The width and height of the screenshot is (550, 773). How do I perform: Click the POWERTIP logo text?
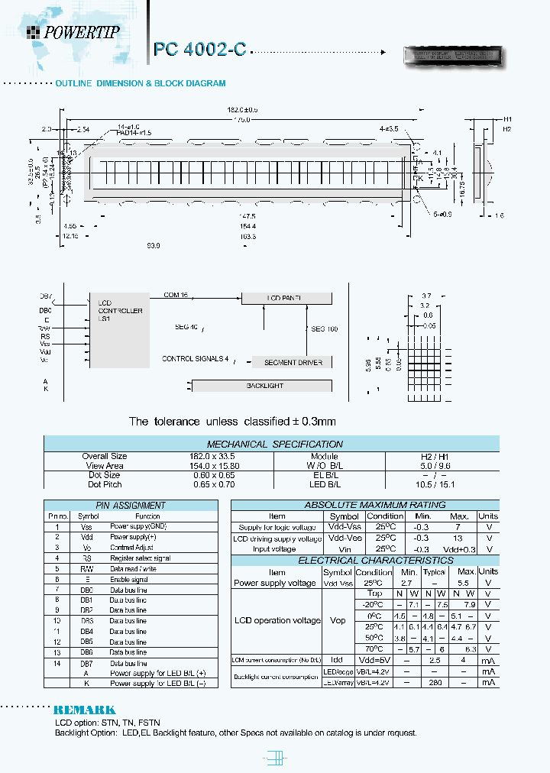pos(79,31)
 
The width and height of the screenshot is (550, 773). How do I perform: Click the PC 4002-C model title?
pos(199,50)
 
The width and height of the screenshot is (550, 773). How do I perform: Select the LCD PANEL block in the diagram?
pos(286,298)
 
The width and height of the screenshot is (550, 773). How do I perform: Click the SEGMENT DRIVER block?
pos(293,362)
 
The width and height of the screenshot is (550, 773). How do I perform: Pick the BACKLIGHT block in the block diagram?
pos(264,386)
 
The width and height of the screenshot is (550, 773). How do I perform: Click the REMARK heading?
pos(85,710)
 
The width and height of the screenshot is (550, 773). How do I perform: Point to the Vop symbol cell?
pos(338,620)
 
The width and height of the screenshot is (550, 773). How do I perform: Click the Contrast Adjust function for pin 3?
pos(132,548)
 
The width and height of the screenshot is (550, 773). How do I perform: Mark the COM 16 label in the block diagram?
pos(176,294)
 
